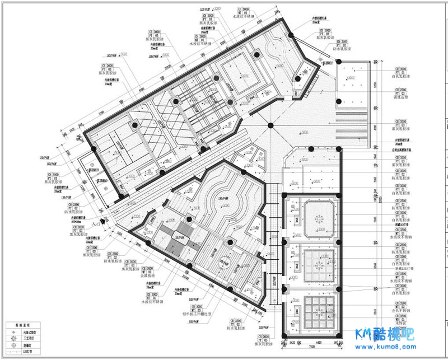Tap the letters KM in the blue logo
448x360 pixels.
(365, 335)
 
